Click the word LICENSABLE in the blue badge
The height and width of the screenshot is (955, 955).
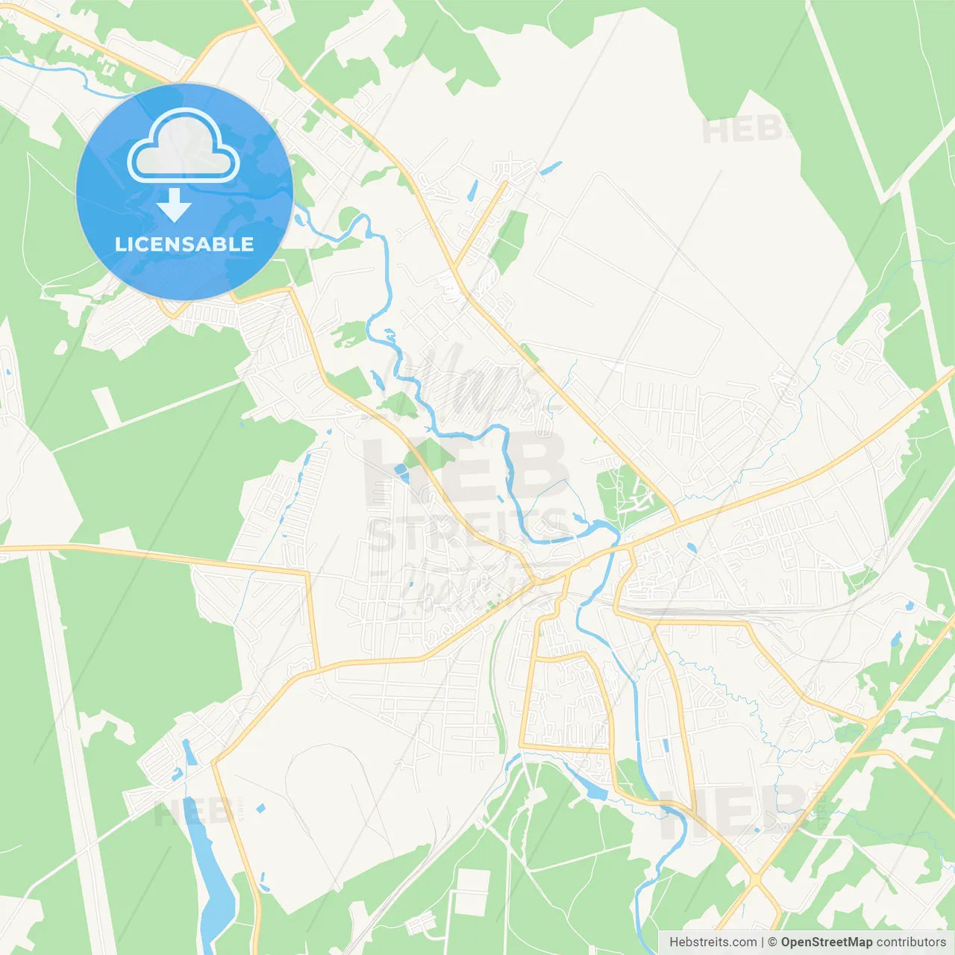pos(184,244)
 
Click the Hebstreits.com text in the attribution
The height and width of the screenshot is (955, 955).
pos(713,942)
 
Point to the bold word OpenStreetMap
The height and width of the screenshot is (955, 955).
pos(827,942)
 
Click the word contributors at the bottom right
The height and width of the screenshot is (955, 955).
pos(911,942)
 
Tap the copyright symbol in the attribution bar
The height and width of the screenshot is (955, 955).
pos(772,942)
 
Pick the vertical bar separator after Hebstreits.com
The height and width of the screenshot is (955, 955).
pos(763,942)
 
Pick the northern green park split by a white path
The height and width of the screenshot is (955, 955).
pos(510,240)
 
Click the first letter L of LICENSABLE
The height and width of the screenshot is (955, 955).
pos(120,244)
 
